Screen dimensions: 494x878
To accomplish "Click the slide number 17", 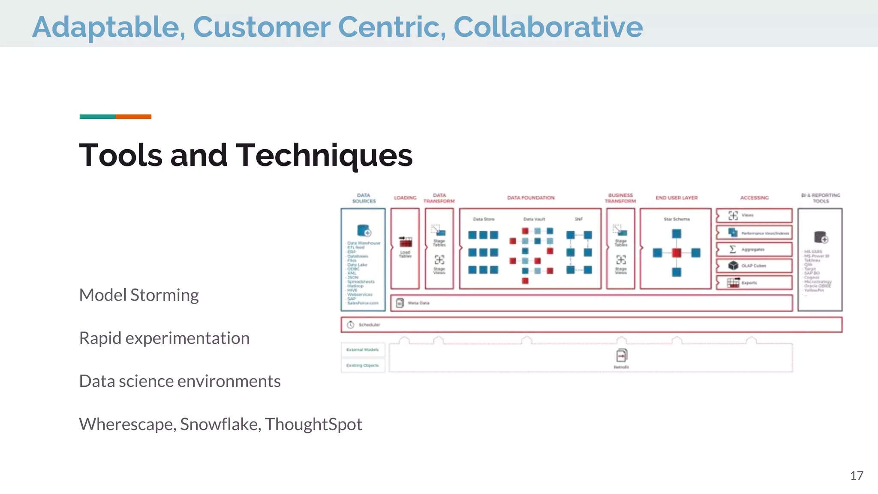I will point(856,476).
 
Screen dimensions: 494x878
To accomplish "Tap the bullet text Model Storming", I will point(139,295).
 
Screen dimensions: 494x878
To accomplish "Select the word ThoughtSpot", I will point(313,424).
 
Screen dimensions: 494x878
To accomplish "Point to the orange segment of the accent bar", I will point(133,117).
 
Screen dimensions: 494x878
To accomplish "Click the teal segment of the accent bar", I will point(97,117).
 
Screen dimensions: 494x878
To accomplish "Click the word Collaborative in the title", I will point(548,27).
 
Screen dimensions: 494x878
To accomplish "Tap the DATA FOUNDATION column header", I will point(531,198).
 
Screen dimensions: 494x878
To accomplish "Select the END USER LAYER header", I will point(677,198).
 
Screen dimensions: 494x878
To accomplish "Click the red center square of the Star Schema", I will point(677,253).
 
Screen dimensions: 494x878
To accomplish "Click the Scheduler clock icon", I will point(350,325).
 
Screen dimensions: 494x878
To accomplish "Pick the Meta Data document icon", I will point(400,303).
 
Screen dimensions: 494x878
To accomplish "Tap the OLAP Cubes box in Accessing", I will point(754,266).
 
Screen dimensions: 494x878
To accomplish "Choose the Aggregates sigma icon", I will point(733,249).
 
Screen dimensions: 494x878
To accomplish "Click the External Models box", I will point(363,349).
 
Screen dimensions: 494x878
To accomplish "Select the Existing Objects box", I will point(363,365).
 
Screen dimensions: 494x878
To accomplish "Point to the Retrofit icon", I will point(622,356).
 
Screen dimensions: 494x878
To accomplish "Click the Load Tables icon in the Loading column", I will point(406,241).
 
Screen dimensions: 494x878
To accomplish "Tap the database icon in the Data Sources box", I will point(364,230).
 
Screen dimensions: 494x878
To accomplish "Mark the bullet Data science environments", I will point(180,381).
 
